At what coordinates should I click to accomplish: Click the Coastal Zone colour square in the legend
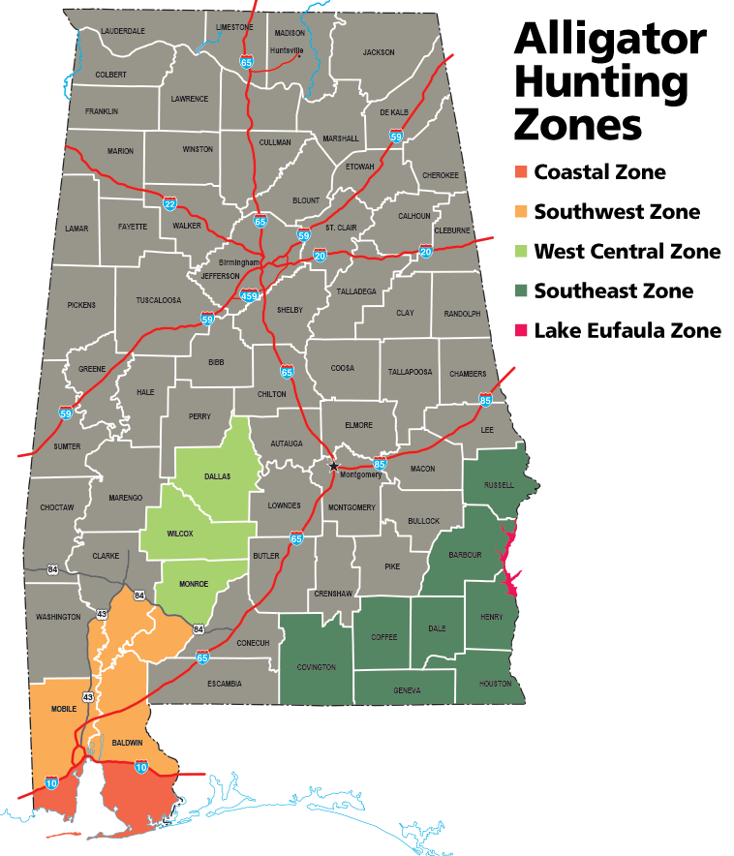click(521, 172)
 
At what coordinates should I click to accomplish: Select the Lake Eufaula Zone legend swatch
click(521, 330)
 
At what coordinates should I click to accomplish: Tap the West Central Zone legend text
click(627, 252)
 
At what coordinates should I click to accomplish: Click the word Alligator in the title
click(610, 40)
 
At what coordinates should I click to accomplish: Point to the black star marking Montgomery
click(334, 467)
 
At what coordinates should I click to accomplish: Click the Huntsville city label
click(287, 50)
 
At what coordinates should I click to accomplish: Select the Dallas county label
click(217, 476)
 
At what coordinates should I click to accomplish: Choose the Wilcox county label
click(180, 534)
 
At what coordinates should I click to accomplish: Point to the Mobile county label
click(63, 710)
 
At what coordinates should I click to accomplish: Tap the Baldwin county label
click(127, 743)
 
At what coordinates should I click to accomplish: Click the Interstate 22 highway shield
click(170, 204)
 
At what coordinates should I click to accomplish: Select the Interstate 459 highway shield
click(250, 294)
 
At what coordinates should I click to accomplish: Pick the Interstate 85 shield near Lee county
click(485, 400)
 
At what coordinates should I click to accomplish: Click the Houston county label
click(495, 684)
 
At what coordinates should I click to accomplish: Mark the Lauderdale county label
click(125, 31)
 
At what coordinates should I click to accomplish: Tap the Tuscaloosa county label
click(159, 300)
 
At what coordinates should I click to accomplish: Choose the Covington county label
click(317, 667)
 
